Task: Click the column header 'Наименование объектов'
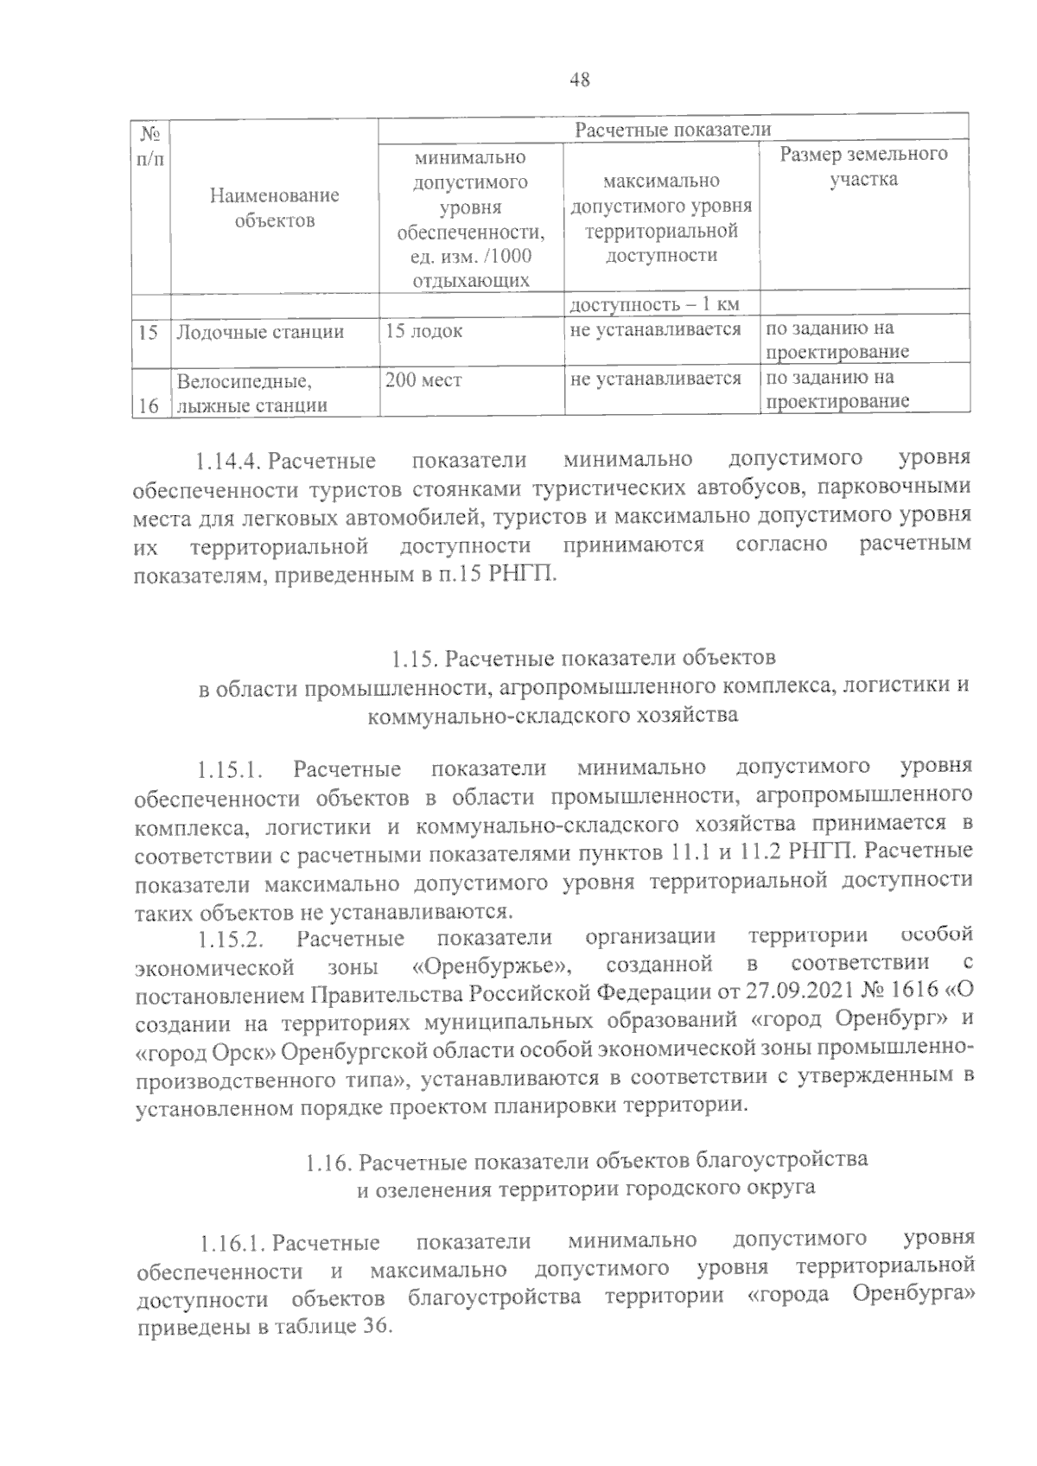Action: [275, 207]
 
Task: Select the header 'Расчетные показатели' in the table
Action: [672, 130]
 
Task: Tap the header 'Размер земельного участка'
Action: [863, 166]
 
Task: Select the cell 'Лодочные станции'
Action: [260, 332]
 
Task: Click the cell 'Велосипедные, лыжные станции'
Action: [251, 392]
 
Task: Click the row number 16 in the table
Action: [149, 405]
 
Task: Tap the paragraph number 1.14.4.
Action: [228, 458]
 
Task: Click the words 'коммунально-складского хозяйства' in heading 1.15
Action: [553, 716]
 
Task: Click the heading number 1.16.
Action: [328, 1163]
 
